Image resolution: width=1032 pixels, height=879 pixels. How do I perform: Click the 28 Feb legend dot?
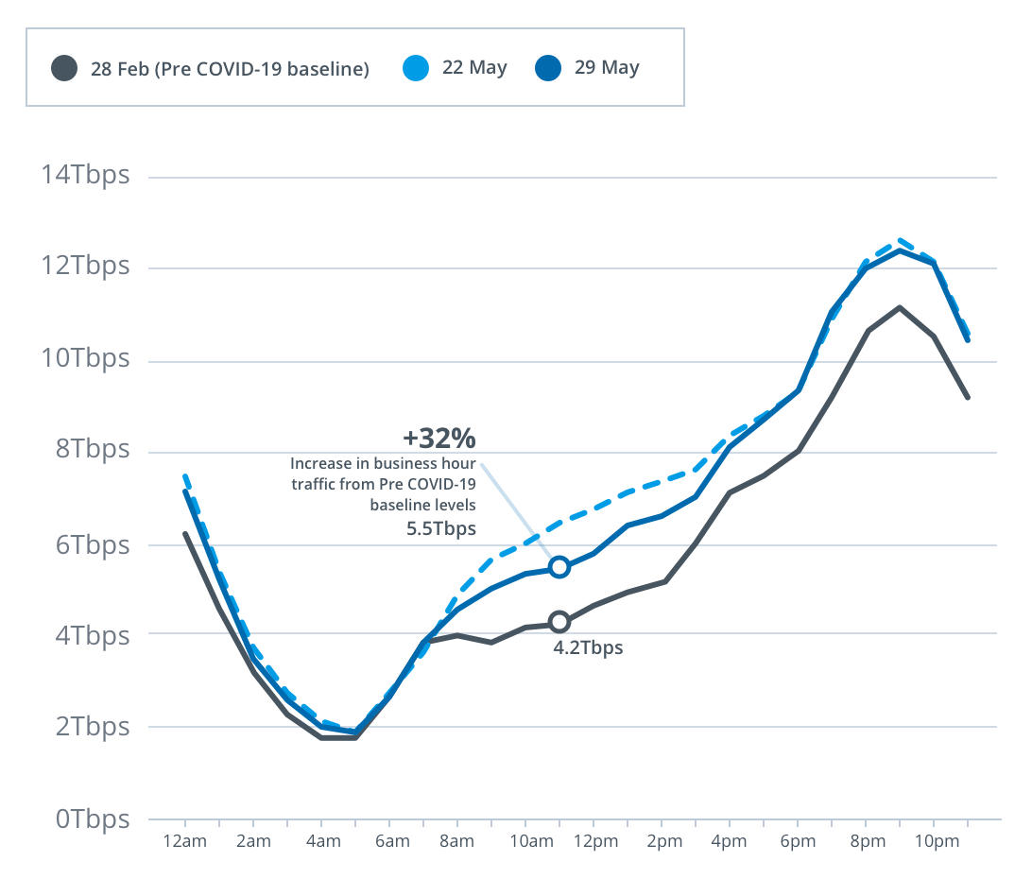click(65, 69)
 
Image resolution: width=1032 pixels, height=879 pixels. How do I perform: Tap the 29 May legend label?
click(607, 68)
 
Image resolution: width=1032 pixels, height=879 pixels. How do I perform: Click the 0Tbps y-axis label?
click(92, 819)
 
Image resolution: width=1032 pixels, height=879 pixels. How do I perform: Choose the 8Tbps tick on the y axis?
click(92, 450)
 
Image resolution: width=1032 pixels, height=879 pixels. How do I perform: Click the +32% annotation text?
click(439, 439)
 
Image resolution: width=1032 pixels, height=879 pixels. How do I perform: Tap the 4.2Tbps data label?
click(588, 648)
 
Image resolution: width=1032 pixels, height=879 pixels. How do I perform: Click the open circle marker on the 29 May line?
click(559, 567)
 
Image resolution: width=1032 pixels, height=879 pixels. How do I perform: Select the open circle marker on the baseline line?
click(559, 622)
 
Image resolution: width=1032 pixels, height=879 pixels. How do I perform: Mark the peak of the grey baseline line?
click(899, 307)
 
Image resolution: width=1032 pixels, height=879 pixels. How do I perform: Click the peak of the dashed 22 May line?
click(900, 240)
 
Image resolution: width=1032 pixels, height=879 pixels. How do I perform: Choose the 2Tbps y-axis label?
click(92, 727)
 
